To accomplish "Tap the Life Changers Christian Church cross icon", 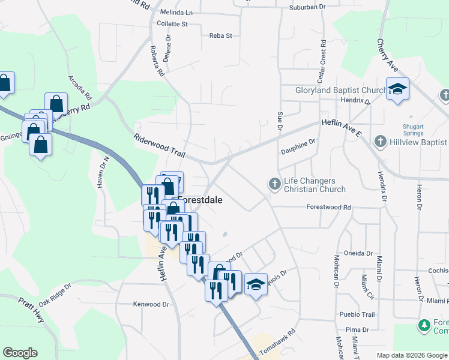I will tap(275, 184).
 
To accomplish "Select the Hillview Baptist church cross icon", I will tap(379, 142).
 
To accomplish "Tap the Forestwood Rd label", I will tap(328, 207).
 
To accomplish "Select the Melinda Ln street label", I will tap(176, 12).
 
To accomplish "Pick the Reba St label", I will tap(220, 35).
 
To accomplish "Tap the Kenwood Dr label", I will tap(151, 304).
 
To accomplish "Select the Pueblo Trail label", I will tap(357, 314).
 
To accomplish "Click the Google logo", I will tap(20, 353).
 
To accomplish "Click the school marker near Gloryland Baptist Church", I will tap(397, 89).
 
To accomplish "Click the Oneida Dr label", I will tap(357, 253).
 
